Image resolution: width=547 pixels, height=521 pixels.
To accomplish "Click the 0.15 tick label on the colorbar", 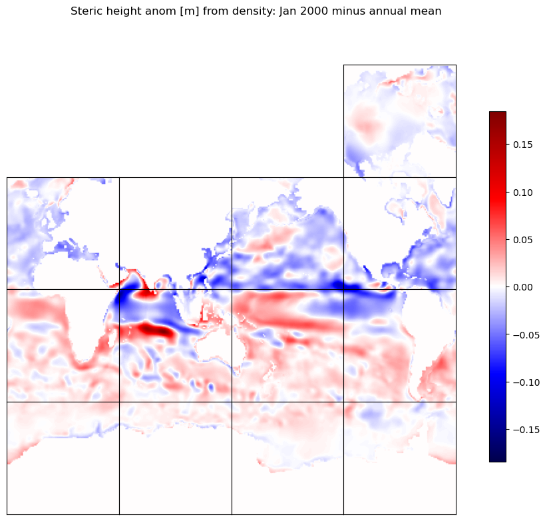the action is coord(522,145).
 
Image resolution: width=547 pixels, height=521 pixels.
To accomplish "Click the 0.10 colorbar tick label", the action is coord(522,193).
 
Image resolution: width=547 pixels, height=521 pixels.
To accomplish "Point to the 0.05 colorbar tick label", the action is coord(522,240).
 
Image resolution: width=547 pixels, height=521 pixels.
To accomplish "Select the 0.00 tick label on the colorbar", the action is coord(522,287).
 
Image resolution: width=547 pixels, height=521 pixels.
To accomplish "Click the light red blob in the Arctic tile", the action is coord(367,125).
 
